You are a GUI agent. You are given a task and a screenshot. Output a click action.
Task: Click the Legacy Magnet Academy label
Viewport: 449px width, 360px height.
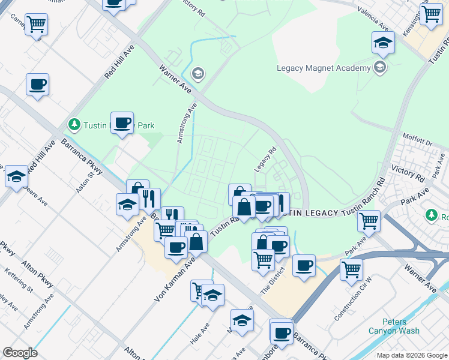(324, 68)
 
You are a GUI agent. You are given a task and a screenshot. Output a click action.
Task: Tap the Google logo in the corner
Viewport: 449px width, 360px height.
(20, 353)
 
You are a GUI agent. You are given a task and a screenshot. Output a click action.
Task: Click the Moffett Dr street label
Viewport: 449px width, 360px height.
(417, 140)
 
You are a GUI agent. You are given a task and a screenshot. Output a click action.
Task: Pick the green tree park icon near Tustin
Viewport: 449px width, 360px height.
(74, 125)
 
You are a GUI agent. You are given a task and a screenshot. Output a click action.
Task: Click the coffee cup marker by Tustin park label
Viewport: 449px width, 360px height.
(122, 123)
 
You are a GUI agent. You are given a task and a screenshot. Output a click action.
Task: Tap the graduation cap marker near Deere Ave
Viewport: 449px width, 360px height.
(17, 176)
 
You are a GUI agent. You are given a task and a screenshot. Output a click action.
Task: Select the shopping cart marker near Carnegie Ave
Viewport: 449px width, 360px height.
(37, 24)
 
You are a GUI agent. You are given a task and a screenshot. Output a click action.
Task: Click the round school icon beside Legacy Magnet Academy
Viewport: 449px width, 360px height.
(379, 67)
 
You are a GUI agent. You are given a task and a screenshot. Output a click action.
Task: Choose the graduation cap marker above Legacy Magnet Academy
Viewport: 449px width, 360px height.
(382, 43)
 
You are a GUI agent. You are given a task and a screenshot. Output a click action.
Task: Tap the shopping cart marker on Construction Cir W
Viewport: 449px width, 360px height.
(351, 269)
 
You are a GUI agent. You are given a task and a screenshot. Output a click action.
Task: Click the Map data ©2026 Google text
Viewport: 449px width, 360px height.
(411, 355)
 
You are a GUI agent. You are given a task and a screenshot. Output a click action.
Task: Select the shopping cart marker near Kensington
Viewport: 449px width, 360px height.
(431, 14)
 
